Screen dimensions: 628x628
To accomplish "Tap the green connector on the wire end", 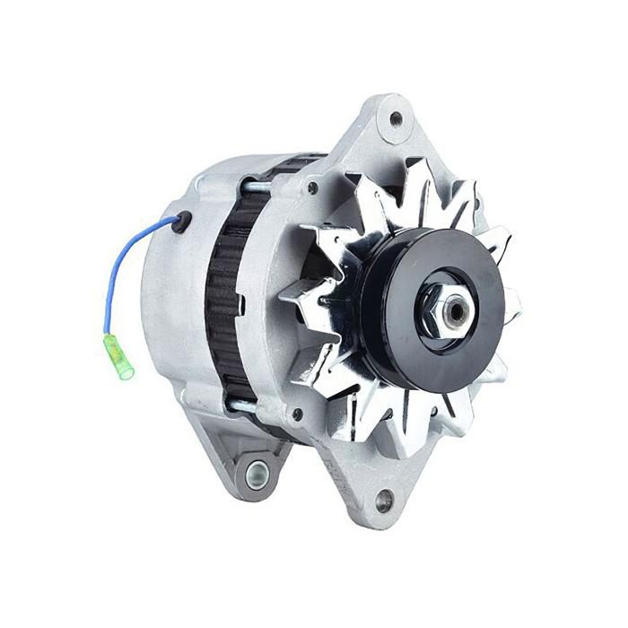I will (x=119, y=355).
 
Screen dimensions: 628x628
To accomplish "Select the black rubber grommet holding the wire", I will (x=182, y=221).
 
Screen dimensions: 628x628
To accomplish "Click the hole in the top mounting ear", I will (x=396, y=118).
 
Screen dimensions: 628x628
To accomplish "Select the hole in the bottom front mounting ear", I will (x=383, y=501).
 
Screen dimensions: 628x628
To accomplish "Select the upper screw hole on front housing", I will (x=312, y=188).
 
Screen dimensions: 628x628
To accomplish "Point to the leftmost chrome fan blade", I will (x=301, y=296).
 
